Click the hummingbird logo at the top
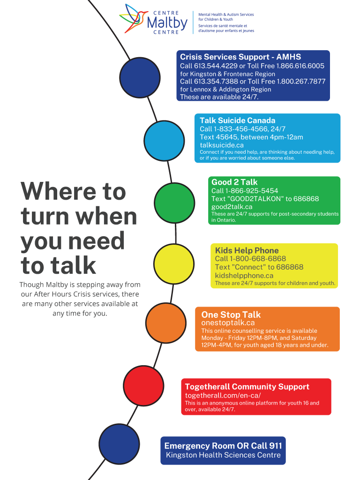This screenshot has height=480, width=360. click(x=132, y=19)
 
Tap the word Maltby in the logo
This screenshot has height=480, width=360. click(x=167, y=23)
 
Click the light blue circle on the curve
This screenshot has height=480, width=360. click(x=164, y=141)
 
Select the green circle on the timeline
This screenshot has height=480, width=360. click(x=174, y=203)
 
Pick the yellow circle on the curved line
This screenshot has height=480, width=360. click(x=174, y=264)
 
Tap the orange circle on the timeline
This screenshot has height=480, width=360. click(x=166, y=323)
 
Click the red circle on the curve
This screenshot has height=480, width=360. click(x=143, y=386)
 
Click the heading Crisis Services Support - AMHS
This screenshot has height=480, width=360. click(x=240, y=57)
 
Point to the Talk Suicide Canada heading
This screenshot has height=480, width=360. click(x=238, y=120)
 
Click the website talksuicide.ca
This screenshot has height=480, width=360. click(x=222, y=145)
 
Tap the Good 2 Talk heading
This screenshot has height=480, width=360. click(x=234, y=182)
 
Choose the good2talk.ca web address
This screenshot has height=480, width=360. click(x=232, y=207)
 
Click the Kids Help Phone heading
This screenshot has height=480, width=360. click(x=247, y=250)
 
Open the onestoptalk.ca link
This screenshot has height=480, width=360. click(x=228, y=322)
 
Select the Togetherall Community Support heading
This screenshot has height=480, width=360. click(x=247, y=387)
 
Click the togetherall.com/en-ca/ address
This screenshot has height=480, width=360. click(x=223, y=395)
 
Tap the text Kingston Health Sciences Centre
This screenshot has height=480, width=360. click(x=223, y=455)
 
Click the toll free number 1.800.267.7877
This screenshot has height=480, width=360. click(x=301, y=82)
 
